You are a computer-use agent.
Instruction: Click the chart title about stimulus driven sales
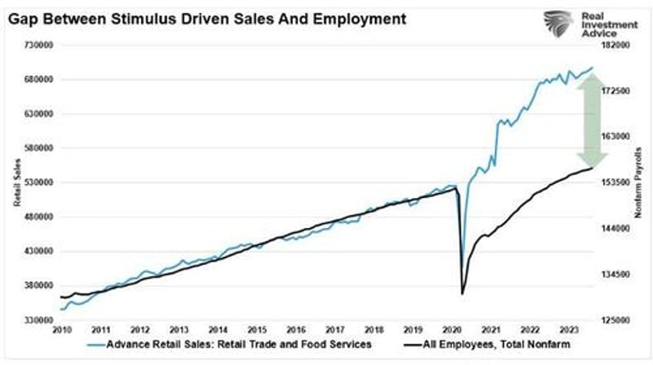[x=206, y=17]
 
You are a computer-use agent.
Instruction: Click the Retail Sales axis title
[x=15, y=182]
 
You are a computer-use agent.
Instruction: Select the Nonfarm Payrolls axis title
[x=638, y=182]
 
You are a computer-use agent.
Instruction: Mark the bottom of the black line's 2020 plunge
[x=462, y=293]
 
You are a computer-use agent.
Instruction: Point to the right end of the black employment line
[x=592, y=168]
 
